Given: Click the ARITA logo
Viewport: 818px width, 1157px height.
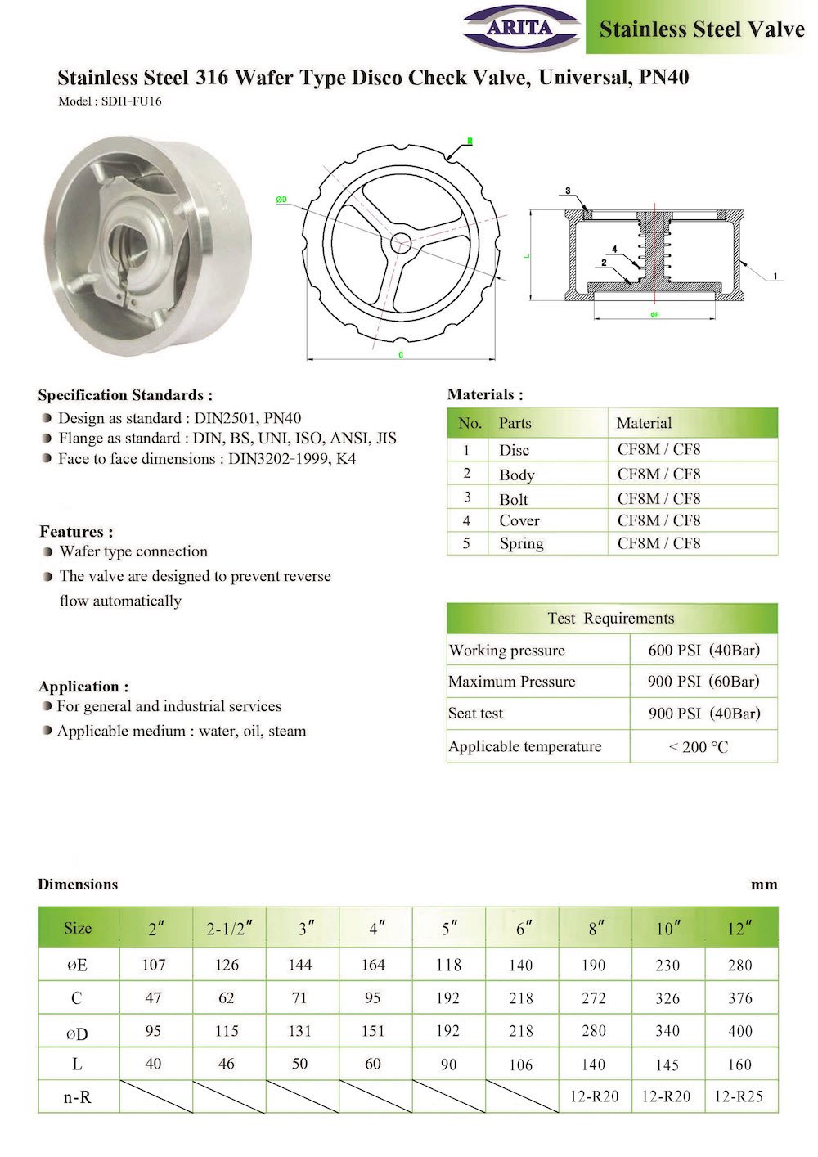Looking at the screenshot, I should coord(521,29).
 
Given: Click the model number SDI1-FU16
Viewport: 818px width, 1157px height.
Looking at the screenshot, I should coord(110,101).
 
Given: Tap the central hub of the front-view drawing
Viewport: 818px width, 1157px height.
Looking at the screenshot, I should coord(401,241).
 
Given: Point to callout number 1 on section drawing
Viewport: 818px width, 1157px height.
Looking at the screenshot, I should coord(775,277).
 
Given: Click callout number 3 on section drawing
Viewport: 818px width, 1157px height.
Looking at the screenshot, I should coord(568,191).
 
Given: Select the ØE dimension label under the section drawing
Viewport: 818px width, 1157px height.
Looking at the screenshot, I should coord(654,315).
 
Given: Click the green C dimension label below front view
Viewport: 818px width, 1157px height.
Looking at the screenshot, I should coord(400,355).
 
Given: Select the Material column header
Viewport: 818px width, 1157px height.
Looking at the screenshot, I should coord(644,423).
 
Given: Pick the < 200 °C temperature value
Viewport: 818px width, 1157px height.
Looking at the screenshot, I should coord(698,746).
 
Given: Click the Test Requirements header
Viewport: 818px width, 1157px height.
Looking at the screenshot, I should coord(611,619).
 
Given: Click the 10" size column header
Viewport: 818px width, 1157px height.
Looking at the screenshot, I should coord(667,929).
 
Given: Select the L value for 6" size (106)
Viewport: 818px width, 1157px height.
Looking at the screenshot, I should coord(520,1065).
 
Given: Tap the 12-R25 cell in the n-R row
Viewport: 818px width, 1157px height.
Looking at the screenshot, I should coord(739,1096).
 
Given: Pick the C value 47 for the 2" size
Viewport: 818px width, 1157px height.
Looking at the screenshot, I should coord(153,998).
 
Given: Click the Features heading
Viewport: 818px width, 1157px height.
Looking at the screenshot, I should coord(76,532).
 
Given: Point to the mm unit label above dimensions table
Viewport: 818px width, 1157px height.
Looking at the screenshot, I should coord(764,885).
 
